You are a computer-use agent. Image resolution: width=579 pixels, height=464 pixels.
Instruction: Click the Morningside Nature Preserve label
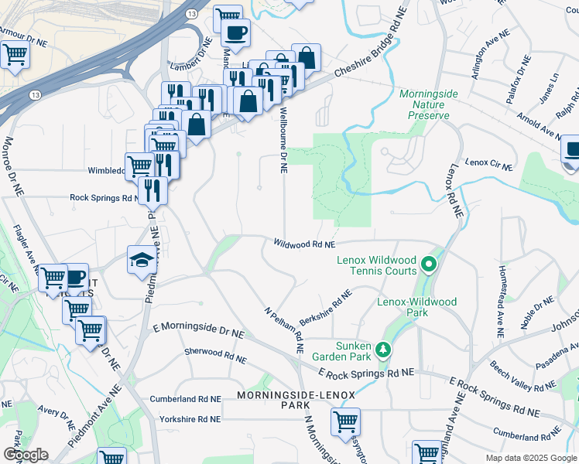(424, 104)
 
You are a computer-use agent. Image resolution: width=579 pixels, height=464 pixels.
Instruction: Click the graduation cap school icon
(142, 260)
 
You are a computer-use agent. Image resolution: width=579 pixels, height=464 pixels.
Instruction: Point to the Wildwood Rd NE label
(303, 244)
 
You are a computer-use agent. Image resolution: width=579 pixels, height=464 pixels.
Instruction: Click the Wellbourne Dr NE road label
(283, 142)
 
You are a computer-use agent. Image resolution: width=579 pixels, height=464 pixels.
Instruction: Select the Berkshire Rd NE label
(325, 308)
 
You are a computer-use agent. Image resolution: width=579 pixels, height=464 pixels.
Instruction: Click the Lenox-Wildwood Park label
(418, 307)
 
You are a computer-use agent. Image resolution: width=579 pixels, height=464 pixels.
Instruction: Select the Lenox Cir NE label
(489, 165)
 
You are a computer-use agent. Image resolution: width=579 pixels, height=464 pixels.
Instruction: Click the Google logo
(26, 454)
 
